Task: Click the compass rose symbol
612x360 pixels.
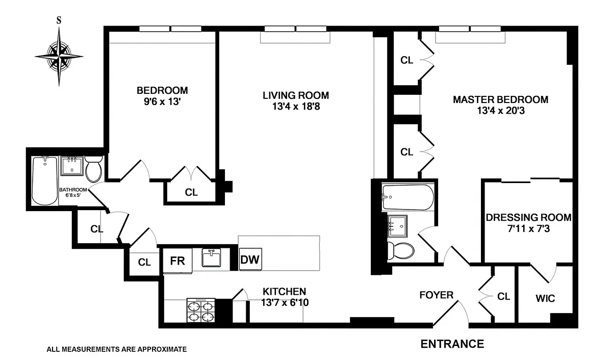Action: coord(59,57)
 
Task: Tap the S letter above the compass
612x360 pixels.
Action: coord(59,20)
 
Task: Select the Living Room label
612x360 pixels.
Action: coord(296,95)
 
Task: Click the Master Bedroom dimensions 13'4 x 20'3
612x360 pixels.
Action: coord(501,111)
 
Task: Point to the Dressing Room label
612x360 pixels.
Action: coord(529,217)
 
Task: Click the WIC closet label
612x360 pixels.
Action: coord(545,298)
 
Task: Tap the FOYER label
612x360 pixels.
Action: coord(437,295)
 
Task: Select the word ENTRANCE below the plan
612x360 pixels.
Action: coord(452,344)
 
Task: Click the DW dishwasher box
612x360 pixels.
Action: coord(250,259)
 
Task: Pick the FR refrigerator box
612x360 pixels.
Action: coord(177,261)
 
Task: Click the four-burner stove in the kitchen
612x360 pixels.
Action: coord(201,311)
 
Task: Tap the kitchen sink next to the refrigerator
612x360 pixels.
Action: coord(211,258)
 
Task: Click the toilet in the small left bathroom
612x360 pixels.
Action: coord(93,169)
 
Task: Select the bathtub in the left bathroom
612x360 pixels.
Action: coord(45,181)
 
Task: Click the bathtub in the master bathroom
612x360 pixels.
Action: coord(407,197)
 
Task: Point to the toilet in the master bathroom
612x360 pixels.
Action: coord(400,251)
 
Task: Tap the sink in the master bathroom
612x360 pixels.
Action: coord(397,226)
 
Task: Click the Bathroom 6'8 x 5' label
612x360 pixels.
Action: coord(73,192)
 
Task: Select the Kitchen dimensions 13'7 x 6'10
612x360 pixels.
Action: coord(285,303)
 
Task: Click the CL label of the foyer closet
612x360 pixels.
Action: coord(503,296)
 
